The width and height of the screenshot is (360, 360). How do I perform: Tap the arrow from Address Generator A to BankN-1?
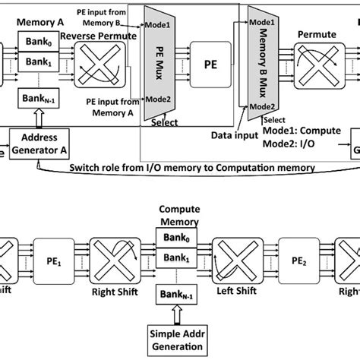(x=37, y=118)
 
